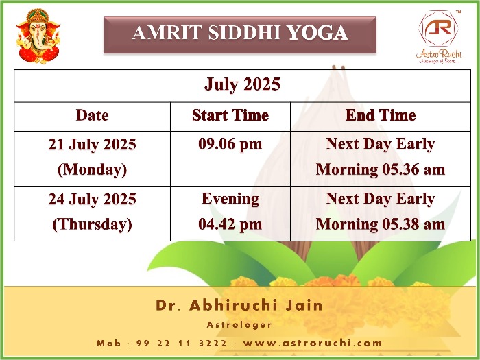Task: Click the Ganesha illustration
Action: click(38, 36)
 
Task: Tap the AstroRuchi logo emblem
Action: click(438, 28)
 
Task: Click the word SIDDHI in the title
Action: click(244, 32)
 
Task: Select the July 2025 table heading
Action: click(242, 84)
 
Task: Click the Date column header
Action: click(92, 115)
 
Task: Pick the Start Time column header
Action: click(230, 115)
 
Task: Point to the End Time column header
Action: click(381, 115)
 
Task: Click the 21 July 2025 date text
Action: click(92, 145)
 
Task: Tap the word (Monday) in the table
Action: click(92, 169)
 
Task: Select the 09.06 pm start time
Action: click(230, 144)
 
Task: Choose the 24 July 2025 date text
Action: click(92, 200)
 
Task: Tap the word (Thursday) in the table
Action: click(92, 224)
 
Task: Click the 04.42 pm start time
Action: click(230, 224)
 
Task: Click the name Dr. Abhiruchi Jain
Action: click(239, 305)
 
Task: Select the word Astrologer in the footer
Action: click(239, 325)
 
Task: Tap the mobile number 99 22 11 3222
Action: click(182, 343)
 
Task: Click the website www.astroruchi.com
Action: click(313, 343)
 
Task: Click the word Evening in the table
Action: click(230, 199)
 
